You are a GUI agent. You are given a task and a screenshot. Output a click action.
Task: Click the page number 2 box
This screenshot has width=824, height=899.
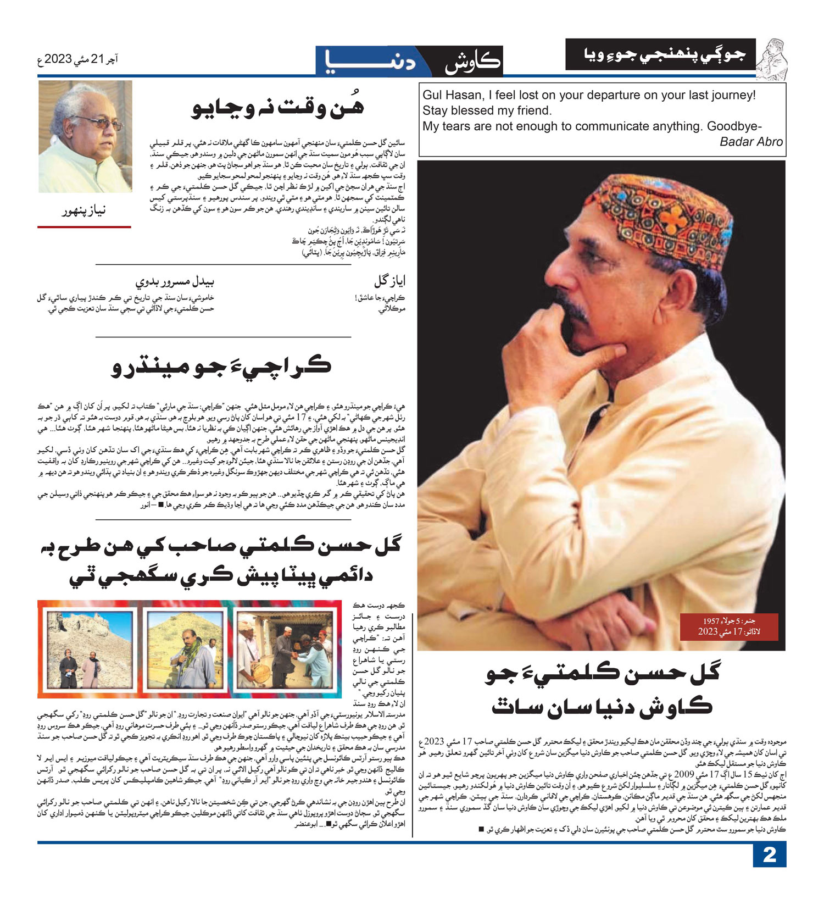click(769, 855)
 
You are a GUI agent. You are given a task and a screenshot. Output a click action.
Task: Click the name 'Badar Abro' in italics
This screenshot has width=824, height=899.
click(751, 142)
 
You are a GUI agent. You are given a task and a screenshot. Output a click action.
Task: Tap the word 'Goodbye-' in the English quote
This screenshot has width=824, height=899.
click(734, 126)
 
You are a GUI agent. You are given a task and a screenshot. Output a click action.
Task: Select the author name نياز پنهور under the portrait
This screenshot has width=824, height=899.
click(84, 210)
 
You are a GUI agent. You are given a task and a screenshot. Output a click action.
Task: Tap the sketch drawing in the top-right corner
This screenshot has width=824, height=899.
click(772, 58)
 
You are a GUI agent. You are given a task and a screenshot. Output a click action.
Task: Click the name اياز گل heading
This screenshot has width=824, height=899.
click(390, 281)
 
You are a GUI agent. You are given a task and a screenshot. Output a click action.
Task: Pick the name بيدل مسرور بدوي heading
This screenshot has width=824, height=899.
click(175, 281)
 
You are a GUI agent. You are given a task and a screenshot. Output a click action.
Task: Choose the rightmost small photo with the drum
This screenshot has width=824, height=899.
click(285, 648)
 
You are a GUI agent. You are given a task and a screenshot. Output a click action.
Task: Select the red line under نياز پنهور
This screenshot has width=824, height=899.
click(84, 226)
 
